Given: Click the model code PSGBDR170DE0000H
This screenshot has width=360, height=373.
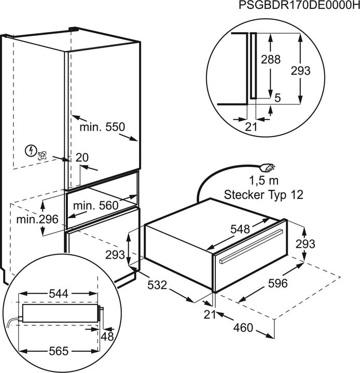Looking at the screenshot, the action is click(x=299, y=5).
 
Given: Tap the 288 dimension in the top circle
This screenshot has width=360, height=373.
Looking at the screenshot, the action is click(x=271, y=59).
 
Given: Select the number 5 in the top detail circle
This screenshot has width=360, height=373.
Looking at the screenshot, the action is click(x=278, y=98).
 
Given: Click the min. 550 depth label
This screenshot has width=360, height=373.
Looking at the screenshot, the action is click(x=102, y=127).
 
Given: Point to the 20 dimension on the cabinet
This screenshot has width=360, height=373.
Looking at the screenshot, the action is click(x=82, y=157).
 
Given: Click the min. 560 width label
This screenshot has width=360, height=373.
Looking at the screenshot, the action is click(x=96, y=206).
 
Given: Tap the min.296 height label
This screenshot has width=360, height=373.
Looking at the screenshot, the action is click(x=37, y=219).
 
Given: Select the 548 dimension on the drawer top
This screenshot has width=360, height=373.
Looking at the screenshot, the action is click(x=240, y=229).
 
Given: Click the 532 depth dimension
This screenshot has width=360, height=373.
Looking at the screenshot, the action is click(x=157, y=285).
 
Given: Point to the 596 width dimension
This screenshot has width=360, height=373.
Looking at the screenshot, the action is click(x=278, y=283).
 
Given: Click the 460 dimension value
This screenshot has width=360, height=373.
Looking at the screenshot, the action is click(x=243, y=328).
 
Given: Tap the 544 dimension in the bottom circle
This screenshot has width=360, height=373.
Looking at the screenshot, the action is click(x=59, y=294).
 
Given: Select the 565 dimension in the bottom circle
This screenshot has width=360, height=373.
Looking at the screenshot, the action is click(x=59, y=351).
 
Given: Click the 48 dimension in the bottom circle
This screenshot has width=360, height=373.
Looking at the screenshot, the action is click(x=107, y=337).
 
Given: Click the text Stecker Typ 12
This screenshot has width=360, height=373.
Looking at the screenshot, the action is click(x=264, y=195).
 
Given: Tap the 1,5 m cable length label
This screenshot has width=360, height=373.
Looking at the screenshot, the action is click(x=264, y=181).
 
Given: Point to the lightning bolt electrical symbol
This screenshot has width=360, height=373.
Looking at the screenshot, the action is click(x=31, y=151).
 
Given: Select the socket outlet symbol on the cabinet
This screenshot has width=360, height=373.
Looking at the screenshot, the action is click(x=42, y=156).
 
